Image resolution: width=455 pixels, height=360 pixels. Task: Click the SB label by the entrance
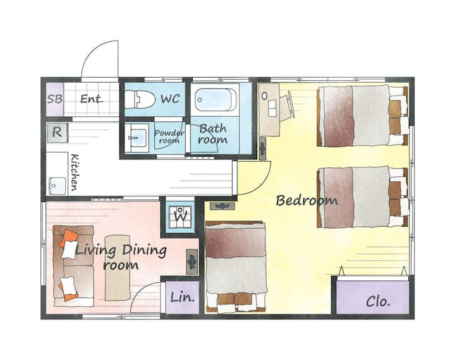[55, 99]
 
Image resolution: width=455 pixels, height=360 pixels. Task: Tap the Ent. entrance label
[92, 99]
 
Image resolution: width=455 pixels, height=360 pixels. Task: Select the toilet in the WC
[140, 99]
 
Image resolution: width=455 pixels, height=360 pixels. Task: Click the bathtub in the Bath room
[215, 100]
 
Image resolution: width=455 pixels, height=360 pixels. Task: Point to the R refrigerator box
[57, 133]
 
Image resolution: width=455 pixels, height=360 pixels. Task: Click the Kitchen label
[75, 172]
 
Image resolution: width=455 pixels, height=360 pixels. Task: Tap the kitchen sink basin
[58, 186]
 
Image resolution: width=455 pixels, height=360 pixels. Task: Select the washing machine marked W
[181, 217]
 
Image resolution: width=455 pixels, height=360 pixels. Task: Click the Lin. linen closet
[182, 297]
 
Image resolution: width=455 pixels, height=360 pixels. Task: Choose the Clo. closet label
[378, 302]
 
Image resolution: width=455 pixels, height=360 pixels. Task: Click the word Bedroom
[306, 200]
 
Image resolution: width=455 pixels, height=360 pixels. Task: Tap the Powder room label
[169, 136]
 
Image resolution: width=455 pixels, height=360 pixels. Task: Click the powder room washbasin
[137, 138]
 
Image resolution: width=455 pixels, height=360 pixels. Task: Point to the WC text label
[171, 99]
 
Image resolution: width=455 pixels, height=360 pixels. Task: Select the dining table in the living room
[118, 267]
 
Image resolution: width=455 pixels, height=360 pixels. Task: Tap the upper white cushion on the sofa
[70, 249]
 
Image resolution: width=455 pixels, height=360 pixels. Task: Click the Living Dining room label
[121, 257]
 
